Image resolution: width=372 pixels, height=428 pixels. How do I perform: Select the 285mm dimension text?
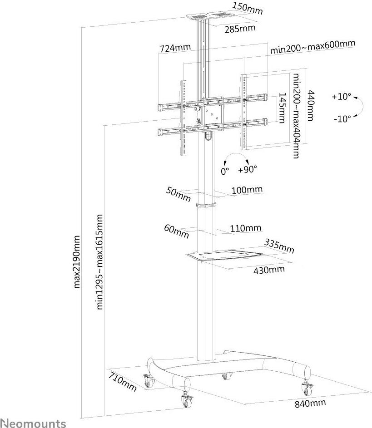pyautogui.click(x=240, y=29)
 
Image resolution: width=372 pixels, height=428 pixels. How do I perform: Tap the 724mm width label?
pyautogui.click(x=175, y=48)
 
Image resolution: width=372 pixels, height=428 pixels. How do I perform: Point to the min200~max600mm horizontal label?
pyautogui.click(x=312, y=47)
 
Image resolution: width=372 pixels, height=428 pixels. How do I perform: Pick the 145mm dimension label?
pyautogui.click(x=282, y=108)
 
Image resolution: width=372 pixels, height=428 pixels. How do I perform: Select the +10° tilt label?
pyautogui.click(x=342, y=97)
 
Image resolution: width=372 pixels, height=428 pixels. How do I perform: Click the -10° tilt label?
pyautogui.click(x=342, y=119)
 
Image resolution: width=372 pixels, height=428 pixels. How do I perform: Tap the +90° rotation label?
pyautogui.click(x=247, y=169)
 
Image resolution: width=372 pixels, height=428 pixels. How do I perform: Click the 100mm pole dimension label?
pyautogui.click(x=247, y=190)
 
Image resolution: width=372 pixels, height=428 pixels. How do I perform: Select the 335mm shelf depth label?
pyautogui.click(x=279, y=247)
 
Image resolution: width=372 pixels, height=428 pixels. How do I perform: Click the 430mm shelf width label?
pyautogui.click(x=269, y=269)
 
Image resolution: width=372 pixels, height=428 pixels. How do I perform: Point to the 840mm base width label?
pyautogui.click(x=311, y=403)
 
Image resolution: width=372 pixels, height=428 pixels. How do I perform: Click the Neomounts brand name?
pyautogui.click(x=33, y=423)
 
